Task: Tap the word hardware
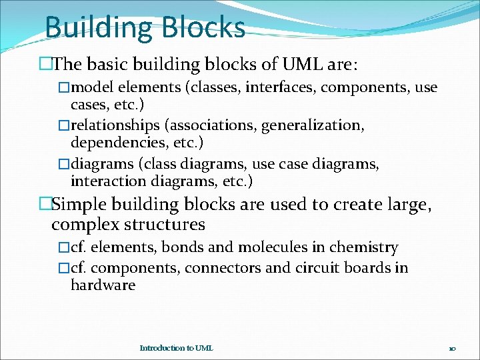[x=103, y=285]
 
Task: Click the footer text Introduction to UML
[x=176, y=348]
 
